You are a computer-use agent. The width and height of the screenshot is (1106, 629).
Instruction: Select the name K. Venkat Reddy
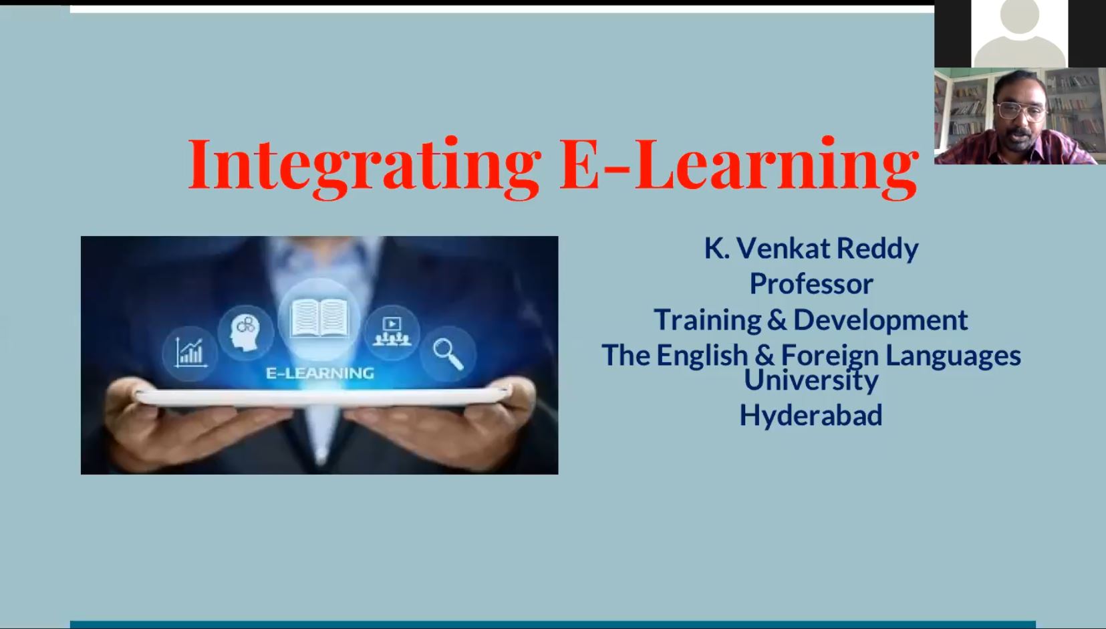[x=811, y=249]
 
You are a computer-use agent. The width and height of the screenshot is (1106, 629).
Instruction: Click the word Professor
[x=811, y=284]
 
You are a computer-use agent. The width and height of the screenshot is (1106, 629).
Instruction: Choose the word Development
[x=880, y=320]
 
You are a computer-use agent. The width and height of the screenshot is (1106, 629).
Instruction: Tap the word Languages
[x=953, y=356]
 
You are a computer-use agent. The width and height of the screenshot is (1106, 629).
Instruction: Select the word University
[x=811, y=380]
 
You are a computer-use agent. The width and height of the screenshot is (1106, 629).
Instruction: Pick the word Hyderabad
[x=811, y=415]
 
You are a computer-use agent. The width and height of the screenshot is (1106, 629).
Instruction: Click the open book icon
[x=319, y=319]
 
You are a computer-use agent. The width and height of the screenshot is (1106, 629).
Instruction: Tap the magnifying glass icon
[x=448, y=354]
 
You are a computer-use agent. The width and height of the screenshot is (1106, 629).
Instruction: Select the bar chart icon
[x=190, y=352]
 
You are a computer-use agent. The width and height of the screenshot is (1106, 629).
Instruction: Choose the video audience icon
[x=392, y=332]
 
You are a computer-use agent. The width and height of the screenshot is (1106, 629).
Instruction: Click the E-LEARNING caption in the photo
[x=320, y=373]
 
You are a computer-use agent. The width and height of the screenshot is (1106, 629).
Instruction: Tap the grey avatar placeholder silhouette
[x=1020, y=33]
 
